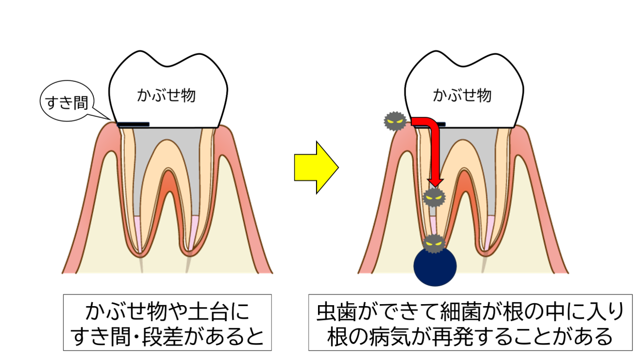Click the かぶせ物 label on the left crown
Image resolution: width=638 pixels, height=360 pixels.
166,95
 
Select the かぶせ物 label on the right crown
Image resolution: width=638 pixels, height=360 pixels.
462,95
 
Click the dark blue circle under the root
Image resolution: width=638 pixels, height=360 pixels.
435,267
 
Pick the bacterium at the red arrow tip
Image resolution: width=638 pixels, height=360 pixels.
433,198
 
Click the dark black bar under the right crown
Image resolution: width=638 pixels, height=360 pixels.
439,124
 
